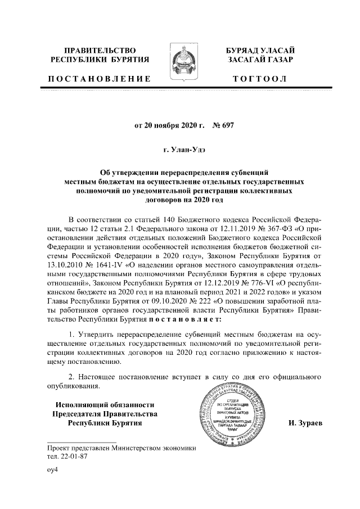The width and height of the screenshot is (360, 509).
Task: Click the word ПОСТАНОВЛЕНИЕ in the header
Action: [x=99, y=78]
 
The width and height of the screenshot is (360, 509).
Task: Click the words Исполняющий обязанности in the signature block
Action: [x=105, y=404]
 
